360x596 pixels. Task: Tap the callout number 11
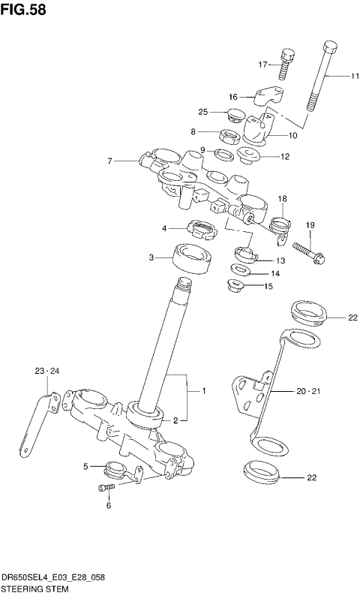(355, 76)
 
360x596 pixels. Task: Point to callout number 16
(232, 97)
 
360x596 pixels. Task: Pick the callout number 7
(109, 161)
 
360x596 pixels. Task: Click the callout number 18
(282, 199)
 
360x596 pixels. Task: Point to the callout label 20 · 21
(306, 392)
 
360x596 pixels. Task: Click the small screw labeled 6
(106, 489)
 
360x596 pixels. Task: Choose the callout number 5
(86, 466)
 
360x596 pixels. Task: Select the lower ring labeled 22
(262, 474)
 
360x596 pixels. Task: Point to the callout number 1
(202, 391)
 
